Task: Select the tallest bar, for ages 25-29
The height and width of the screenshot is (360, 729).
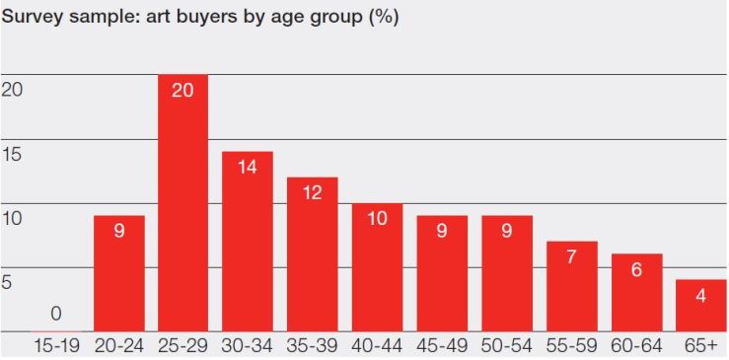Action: [182, 202]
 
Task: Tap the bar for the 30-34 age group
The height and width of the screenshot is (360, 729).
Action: [248, 242]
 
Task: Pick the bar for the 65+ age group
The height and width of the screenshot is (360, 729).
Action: [701, 306]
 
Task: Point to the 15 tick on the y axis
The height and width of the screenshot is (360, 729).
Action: [12, 154]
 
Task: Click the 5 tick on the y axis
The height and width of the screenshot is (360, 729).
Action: [7, 282]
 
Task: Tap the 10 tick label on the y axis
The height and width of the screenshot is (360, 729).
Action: [12, 218]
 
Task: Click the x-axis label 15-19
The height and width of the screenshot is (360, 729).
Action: [54, 346]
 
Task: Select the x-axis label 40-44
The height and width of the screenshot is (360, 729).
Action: [377, 346]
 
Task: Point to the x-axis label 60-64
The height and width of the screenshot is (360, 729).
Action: [636, 346]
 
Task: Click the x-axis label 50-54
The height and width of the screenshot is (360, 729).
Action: [507, 346]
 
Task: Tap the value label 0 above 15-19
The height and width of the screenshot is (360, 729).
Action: [55, 315]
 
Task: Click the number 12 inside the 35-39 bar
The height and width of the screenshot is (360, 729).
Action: [313, 193]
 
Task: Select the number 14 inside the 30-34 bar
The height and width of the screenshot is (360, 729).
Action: [248, 168]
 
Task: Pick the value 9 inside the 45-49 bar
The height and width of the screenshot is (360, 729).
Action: [442, 233]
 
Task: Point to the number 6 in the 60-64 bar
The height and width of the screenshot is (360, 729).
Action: [636, 270]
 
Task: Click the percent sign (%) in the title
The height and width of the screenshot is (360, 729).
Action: [384, 18]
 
